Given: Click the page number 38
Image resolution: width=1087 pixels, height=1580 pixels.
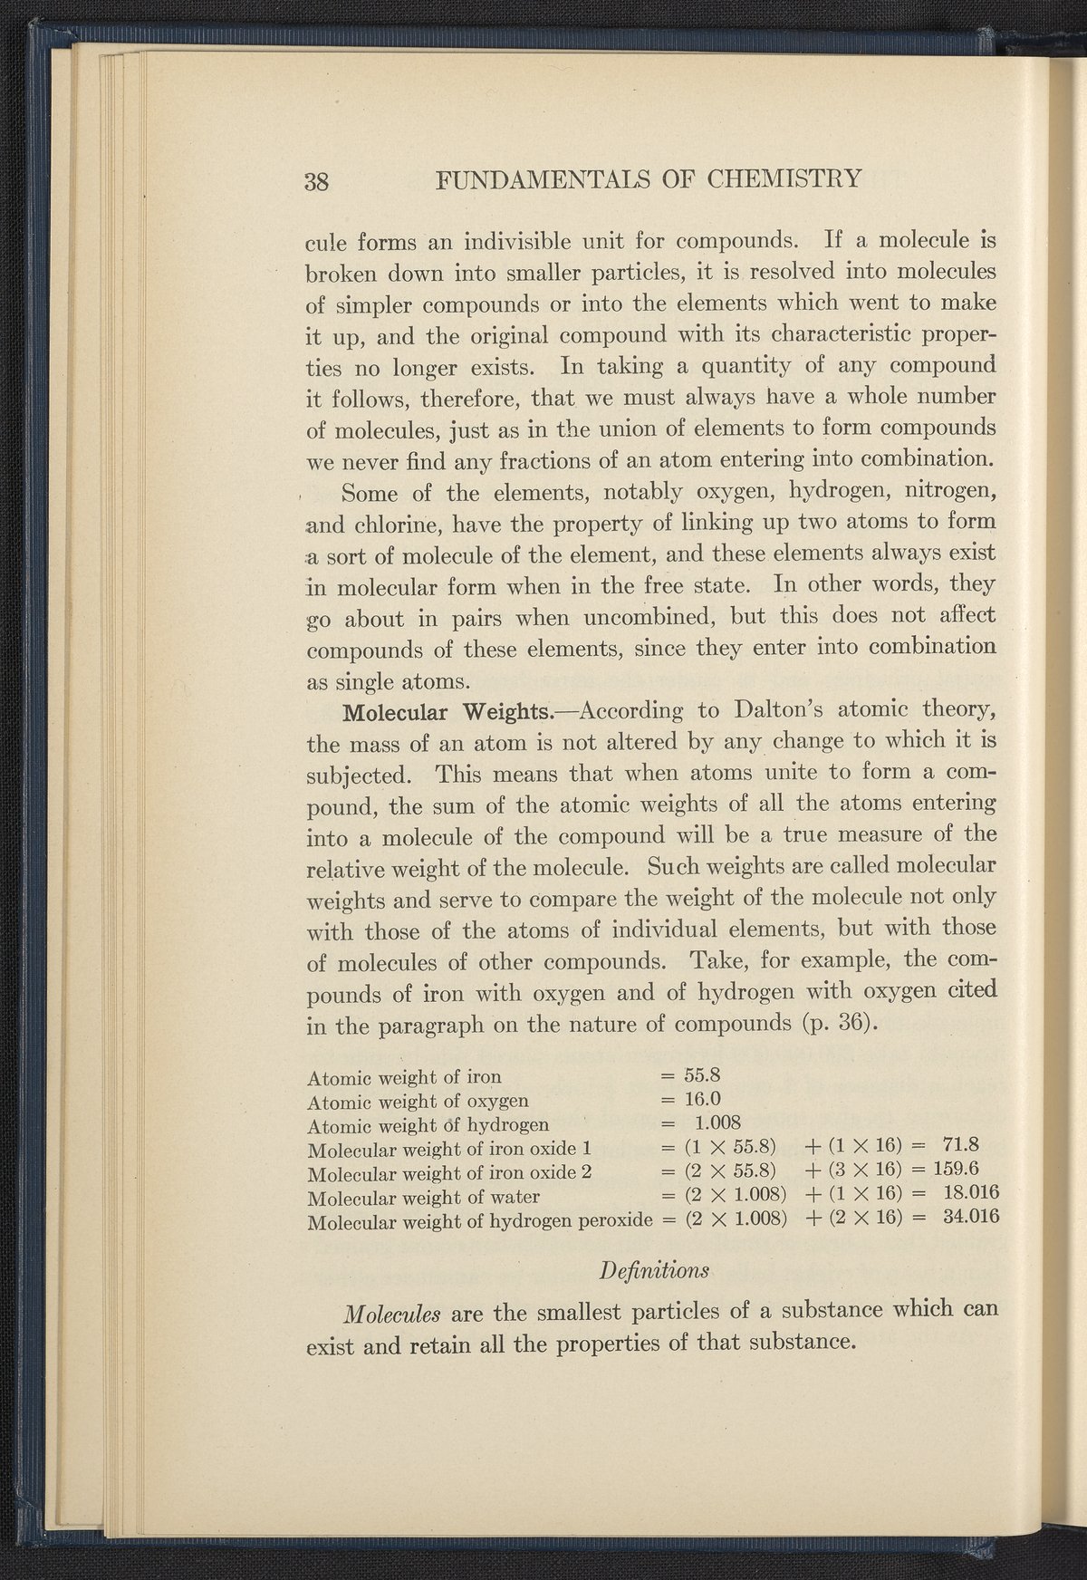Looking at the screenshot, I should point(316,178).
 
